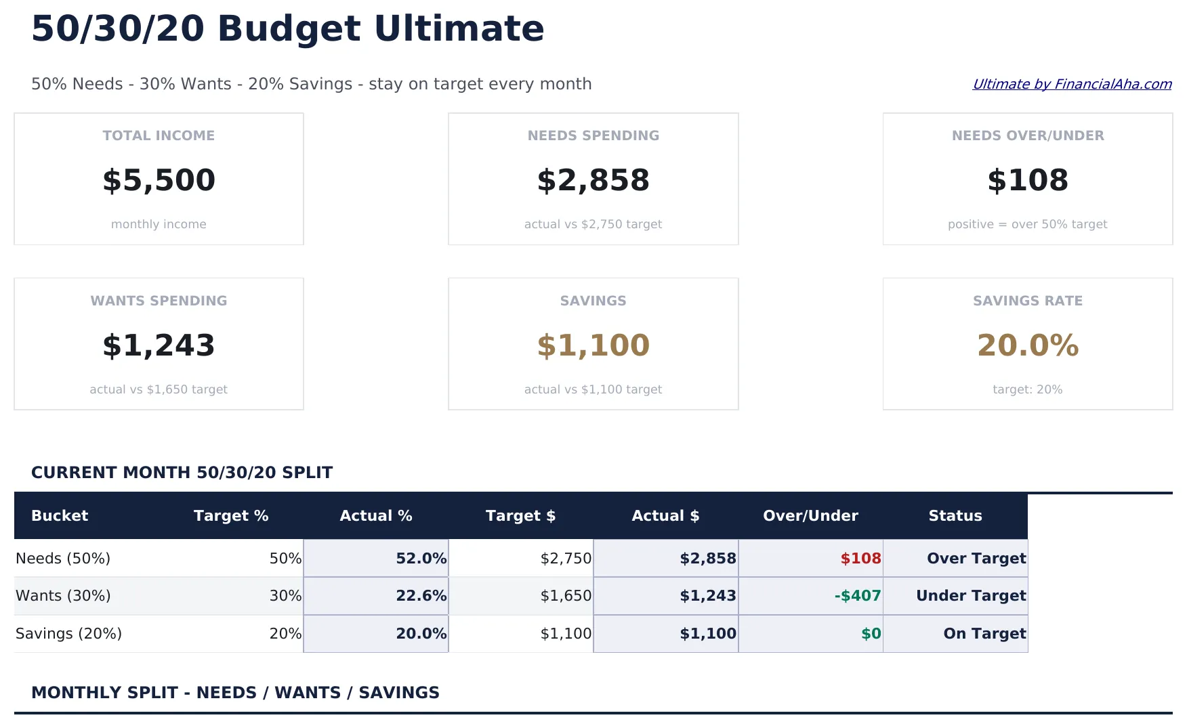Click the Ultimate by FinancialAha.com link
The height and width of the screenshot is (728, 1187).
coord(1072,84)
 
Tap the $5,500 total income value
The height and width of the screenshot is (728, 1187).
coord(159,180)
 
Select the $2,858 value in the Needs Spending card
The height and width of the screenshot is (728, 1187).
coord(593,180)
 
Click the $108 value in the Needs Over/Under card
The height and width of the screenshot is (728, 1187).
coord(1027,180)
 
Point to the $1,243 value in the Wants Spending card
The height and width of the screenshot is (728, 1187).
coord(159,345)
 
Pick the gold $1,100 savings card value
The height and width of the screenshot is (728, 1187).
coord(593,345)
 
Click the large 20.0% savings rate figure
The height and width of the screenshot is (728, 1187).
coord(1027,345)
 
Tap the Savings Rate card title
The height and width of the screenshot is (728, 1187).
coord(1027,301)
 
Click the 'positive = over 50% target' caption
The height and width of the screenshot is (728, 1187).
coord(1027,224)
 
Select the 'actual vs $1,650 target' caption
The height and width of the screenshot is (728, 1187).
coord(159,389)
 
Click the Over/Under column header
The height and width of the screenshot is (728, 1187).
coord(810,515)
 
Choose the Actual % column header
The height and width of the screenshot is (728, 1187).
coord(375,515)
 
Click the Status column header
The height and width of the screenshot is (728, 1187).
coord(955,515)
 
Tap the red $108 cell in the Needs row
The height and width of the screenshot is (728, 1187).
coord(860,558)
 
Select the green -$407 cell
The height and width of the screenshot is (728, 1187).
coord(857,595)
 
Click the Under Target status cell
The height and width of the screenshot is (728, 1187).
coord(970,595)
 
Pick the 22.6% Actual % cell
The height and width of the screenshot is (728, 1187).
coord(421,595)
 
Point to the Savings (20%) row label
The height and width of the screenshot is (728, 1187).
coord(68,633)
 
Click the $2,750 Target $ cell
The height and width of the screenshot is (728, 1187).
coord(566,558)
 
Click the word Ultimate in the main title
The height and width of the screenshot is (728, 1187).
coord(459,28)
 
